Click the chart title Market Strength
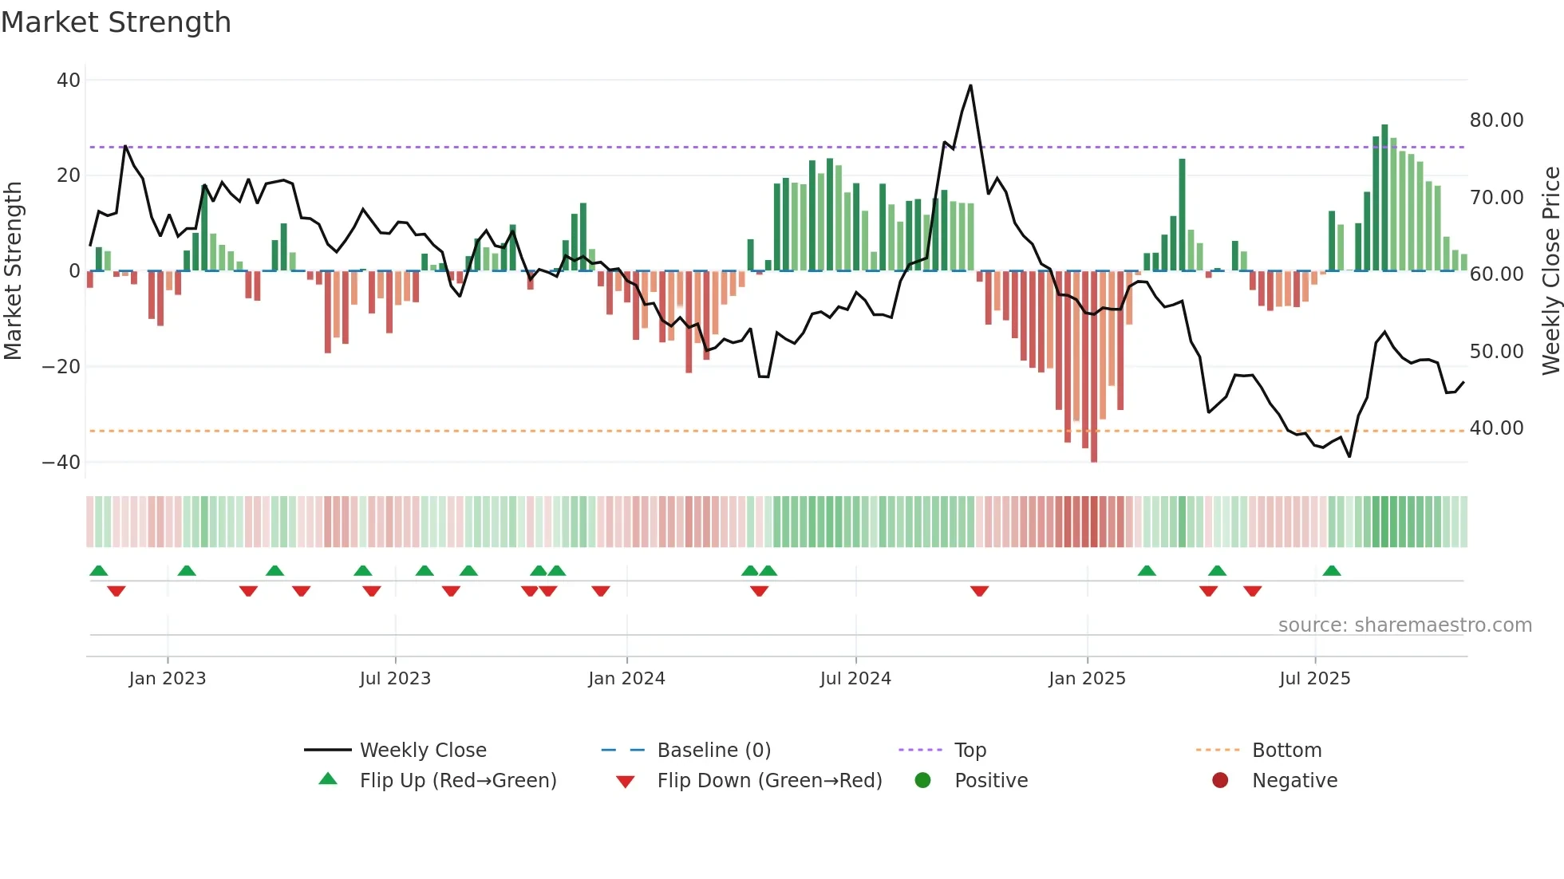(116, 22)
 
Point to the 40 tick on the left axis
(69, 80)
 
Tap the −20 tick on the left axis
(61, 367)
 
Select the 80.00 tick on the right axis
(1496, 120)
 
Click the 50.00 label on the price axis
(1496, 352)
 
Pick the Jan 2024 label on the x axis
(626, 679)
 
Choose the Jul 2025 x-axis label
(1314, 679)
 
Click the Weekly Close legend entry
(422, 751)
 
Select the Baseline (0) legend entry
(713, 751)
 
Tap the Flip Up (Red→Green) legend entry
(457, 781)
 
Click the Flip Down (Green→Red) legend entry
(769, 781)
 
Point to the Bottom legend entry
(1286, 751)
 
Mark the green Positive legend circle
(922, 781)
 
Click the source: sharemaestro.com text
(1404, 625)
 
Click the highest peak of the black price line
(970, 85)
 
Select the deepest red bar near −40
(1094, 455)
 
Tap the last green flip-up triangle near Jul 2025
(1332, 571)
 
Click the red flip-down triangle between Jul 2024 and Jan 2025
(980, 591)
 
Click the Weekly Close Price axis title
(1550, 271)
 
